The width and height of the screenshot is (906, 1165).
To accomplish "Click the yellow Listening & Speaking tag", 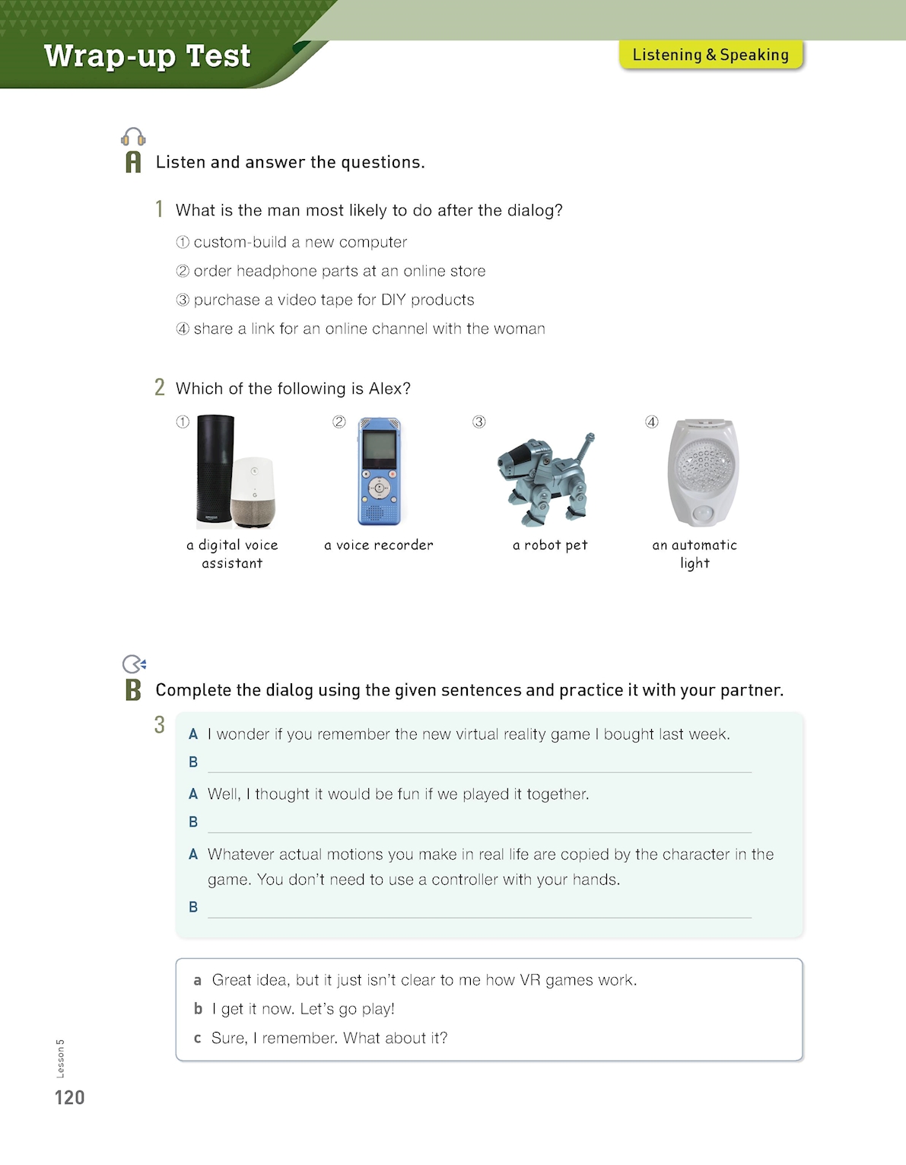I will [710, 55].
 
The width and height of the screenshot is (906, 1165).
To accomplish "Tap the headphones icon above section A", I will [133, 137].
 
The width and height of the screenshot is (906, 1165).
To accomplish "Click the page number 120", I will [69, 1097].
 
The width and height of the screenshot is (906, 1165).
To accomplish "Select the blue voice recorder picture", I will [379, 471].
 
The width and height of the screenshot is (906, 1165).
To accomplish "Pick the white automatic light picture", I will [702, 472].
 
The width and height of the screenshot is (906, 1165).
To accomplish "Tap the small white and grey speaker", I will [254, 492].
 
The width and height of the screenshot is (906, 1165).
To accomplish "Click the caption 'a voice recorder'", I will [379, 545].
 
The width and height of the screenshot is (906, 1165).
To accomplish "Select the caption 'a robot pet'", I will [550, 545].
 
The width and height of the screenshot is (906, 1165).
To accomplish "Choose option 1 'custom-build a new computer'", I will [300, 242].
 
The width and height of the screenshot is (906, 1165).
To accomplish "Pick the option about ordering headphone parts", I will [339, 271].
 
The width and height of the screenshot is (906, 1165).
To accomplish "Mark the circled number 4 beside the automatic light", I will [652, 422].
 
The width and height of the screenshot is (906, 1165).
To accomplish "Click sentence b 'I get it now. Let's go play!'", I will [303, 1009].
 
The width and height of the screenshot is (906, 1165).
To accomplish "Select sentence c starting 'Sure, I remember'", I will [329, 1038].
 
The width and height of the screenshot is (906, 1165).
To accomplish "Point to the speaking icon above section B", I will [134, 664].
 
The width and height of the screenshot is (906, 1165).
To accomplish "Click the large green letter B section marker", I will [133, 690].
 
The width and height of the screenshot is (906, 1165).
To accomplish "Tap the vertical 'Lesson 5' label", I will [61, 1058].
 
